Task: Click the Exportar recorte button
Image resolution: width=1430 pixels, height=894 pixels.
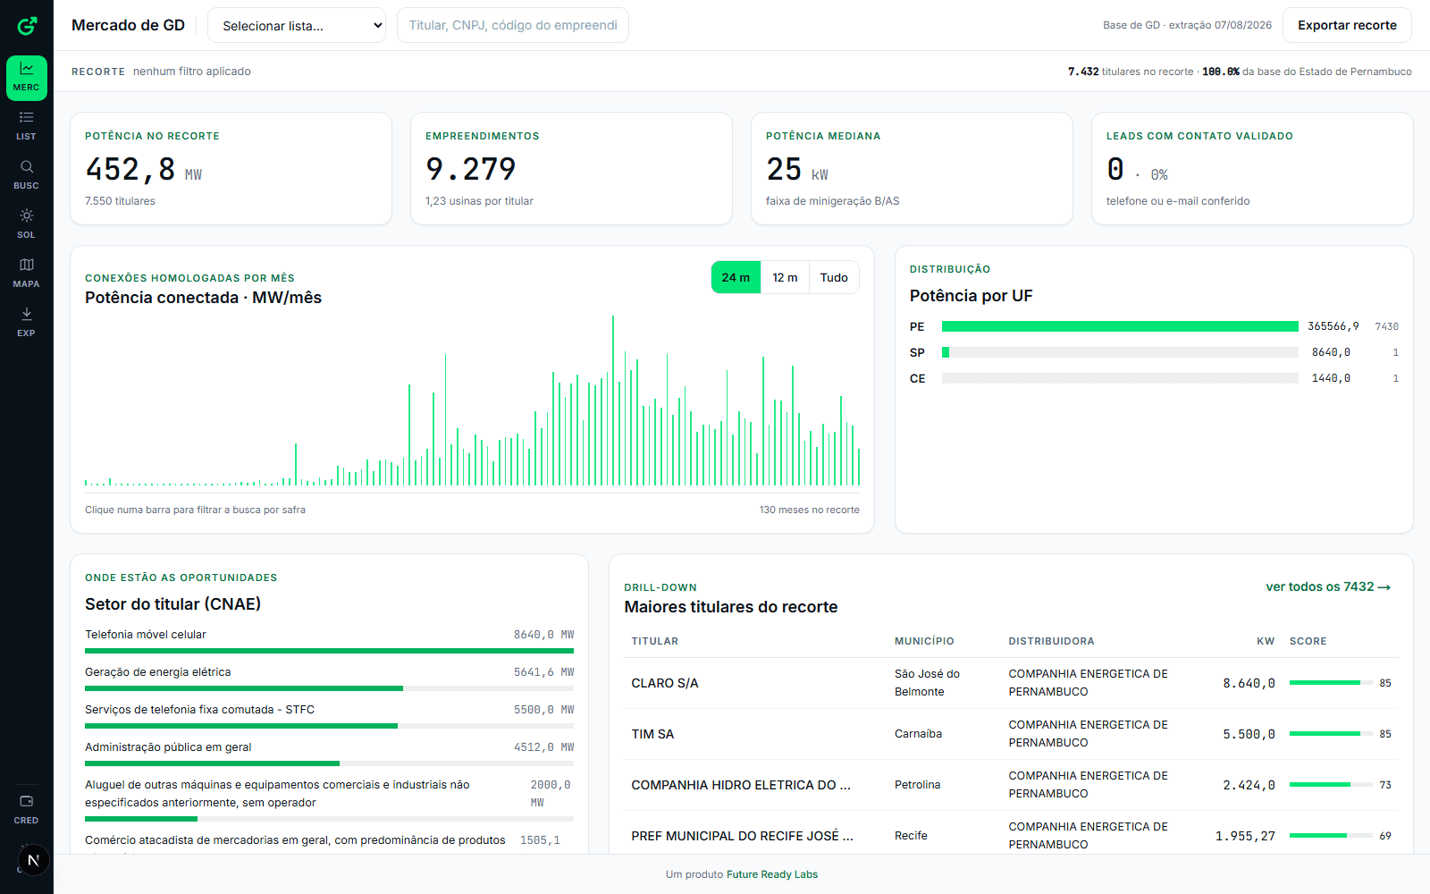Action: tap(1347, 26)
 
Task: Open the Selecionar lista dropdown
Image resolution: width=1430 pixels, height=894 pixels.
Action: tap(297, 26)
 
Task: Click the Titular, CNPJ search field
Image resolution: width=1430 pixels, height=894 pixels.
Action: tap(513, 26)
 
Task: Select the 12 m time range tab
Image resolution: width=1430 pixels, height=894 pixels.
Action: tap(785, 277)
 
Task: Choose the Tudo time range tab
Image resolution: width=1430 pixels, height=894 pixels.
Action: tap(834, 277)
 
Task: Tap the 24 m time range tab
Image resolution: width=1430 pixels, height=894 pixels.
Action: tap(736, 277)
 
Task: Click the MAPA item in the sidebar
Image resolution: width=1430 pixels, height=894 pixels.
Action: tap(26, 273)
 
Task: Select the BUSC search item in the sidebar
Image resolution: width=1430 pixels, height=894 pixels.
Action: tap(26, 174)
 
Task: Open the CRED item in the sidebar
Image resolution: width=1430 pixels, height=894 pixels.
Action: tap(26, 809)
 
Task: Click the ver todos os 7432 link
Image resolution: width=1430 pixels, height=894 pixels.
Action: tap(1328, 586)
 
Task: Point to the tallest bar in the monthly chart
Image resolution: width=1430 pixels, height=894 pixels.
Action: tap(613, 401)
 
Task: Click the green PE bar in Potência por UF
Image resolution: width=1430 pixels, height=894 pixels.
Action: tap(1120, 326)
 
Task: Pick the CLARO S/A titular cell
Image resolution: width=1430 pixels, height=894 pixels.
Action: tap(665, 683)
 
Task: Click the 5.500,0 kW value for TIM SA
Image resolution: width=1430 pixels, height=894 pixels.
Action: tap(1249, 734)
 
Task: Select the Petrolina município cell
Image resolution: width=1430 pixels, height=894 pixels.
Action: tap(917, 785)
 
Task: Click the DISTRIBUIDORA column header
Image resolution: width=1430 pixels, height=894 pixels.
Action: tap(1051, 641)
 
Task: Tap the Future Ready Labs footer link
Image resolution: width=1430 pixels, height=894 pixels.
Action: tap(772, 875)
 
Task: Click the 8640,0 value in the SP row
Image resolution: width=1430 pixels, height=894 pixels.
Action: tap(1331, 352)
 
